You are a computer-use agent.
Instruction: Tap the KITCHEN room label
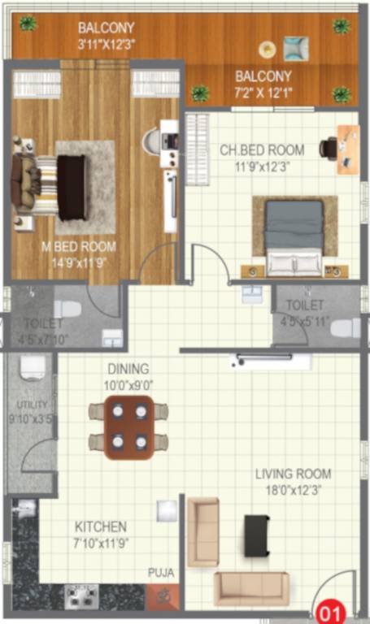click(x=101, y=526)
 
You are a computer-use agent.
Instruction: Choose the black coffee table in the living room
click(x=256, y=535)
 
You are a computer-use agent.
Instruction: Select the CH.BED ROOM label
click(x=263, y=150)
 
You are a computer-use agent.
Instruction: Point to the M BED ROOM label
click(x=80, y=246)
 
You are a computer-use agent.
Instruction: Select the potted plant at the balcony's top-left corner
click(x=28, y=24)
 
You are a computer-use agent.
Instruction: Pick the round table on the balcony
click(x=266, y=48)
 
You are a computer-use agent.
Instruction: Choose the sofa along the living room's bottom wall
click(x=251, y=589)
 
